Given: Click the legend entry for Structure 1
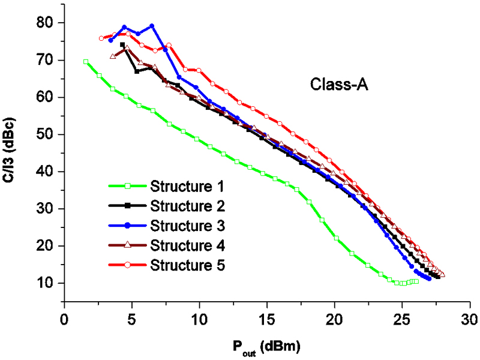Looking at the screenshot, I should click(187, 184).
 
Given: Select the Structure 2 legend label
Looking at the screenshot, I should click(187, 206).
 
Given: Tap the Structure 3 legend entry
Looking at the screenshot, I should click(187, 226).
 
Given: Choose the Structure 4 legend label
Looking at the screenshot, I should click(187, 245).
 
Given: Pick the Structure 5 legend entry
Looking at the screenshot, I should click(187, 265).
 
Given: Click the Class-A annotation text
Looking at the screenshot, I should click(338, 85).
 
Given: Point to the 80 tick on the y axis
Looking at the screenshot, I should click(46, 23).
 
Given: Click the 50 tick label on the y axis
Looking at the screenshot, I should click(46, 134).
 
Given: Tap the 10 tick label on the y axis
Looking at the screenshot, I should click(46, 283).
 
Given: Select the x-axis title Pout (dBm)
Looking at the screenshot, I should click(267, 346).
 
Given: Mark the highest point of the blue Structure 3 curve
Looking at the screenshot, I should click(152, 26).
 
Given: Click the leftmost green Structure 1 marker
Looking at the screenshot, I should click(86, 62).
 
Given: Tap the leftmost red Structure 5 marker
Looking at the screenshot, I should click(101, 38).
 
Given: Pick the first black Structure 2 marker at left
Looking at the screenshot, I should click(122, 44).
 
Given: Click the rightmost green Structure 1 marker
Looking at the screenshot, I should click(416, 281).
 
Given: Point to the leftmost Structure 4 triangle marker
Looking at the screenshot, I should click(113, 56).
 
